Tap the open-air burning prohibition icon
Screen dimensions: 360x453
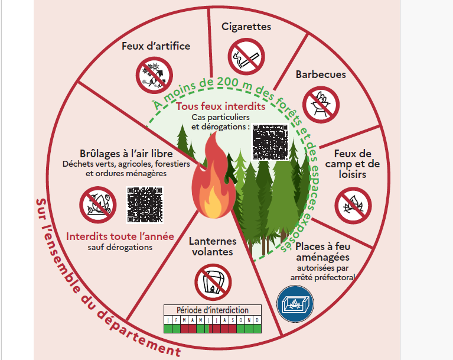point(98,205)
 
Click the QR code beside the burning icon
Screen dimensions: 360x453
point(145,204)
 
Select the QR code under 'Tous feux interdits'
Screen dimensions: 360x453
point(271,141)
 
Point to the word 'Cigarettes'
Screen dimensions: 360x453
point(246,27)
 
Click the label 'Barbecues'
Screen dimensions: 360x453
point(321,75)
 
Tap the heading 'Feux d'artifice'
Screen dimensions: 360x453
point(156,46)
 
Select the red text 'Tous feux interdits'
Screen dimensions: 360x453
point(220,106)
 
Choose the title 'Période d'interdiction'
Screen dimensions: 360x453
point(213,310)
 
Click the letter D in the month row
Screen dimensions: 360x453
point(256,320)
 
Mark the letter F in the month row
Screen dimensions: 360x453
point(177,320)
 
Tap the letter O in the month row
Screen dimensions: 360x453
point(242,320)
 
